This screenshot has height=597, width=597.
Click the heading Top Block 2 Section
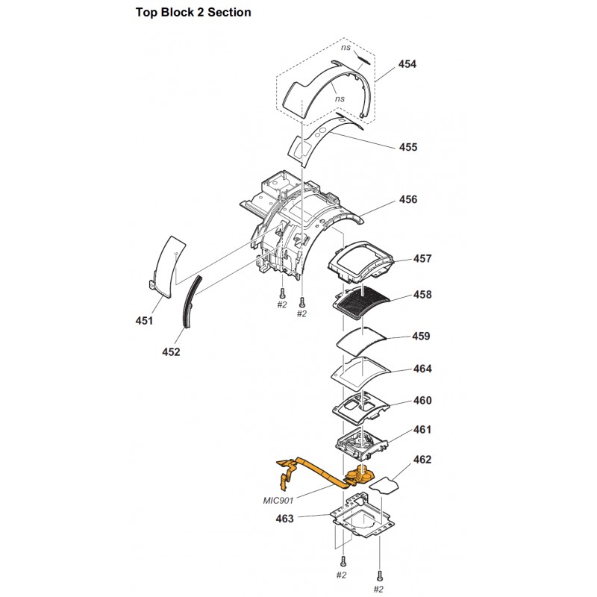pyautogui.click(x=193, y=12)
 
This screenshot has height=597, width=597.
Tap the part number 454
pyautogui.click(x=407, y=64)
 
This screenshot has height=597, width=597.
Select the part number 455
pyautogui.click(x=408, y=147)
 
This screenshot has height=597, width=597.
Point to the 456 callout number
pyautogui.click(x=408, y=199)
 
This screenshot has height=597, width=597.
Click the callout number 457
pyautogui.click(x=422, y=258)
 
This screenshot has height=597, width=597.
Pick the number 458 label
pyautogui.click(x=422, y=295)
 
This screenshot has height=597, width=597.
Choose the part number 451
pyautogui.click(x=144, y=321)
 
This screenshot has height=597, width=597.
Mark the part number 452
pyautogui.click(x=171, y=352)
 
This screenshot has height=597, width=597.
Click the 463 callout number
pyautogui.click(x=285, y=519)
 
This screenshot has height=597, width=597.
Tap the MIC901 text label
pyautogui.click(x=278, y=500)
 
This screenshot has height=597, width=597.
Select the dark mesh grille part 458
pyautogui.click(x=362, y=303)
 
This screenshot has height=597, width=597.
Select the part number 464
pyautogui.click(x=422, y=369)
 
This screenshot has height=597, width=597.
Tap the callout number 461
pyautogui.click(x=422, y=430)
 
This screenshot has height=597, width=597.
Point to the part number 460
pyautogui.click(x=422, y=401)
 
